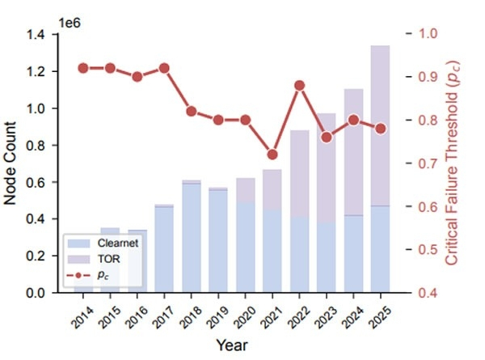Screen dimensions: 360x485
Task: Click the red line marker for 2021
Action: (272, 154)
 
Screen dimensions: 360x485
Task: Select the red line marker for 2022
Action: (299, 85)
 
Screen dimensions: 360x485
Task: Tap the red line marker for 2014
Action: (83, 68)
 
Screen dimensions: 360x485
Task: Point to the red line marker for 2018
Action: (192, 111)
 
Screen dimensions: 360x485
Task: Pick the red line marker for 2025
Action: (380, 129)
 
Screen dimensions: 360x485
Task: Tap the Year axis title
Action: (231, 345)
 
